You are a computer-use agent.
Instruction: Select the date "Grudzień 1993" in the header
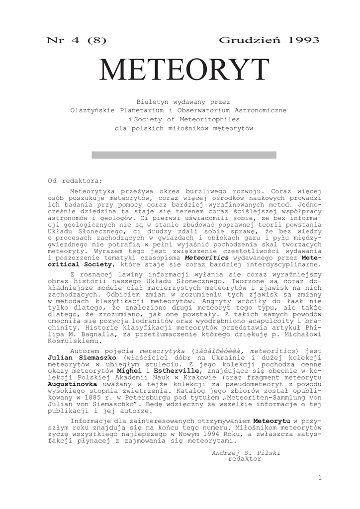coord(269,40)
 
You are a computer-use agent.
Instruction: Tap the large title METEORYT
coord(183,70)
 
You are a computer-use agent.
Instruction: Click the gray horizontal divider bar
coord(183,155)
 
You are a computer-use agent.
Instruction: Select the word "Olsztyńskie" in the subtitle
coord(93,110)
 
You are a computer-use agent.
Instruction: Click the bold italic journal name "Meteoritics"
coord(207,258)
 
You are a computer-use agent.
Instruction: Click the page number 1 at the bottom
coord(320,478)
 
